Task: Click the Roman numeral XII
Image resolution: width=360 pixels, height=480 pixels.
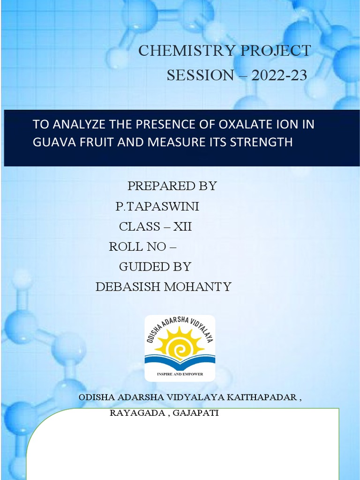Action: (x=183, y=227)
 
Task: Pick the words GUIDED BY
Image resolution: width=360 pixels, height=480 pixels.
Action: (x=155, y=267)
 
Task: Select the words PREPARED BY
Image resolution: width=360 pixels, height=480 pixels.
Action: (x=172, y=186)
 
